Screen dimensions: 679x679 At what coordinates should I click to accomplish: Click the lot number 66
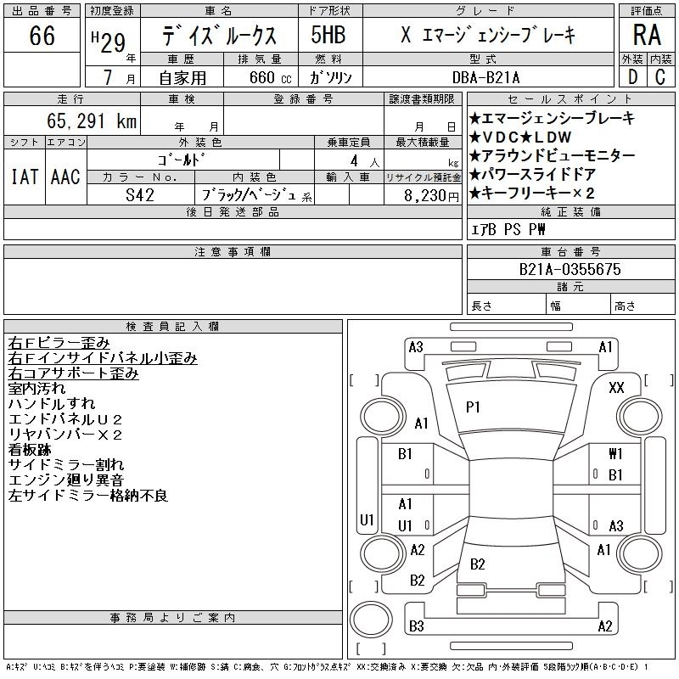pyautogui.click(x=42, y=36)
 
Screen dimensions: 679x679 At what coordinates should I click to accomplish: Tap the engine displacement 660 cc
pyautogui.click(x=260, y=77)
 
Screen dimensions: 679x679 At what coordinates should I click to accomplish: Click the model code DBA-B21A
pyautogui.click(x=497, y=77)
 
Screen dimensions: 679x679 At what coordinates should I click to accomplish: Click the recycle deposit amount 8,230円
pyautogui.click(x=423, y=194)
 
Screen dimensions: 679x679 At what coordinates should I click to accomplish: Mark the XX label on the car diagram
pyautogui.click(x=617, y=387)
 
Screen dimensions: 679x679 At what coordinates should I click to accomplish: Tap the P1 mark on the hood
pyautogui.click(x=473, y=407)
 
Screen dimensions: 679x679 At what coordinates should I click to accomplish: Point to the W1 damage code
pyautogui.click(x=615, y=454)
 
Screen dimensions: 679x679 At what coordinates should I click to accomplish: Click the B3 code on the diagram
pyautogui.click(x=416, y=627)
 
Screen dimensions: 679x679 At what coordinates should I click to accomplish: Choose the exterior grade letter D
pyautogui.click(x=632, y=77)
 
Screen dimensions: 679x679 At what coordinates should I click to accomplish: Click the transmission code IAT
pyautogui.click(x=25, y=177)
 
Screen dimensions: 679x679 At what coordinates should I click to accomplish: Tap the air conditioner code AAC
pyautogui.click(x=65, y=177)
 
